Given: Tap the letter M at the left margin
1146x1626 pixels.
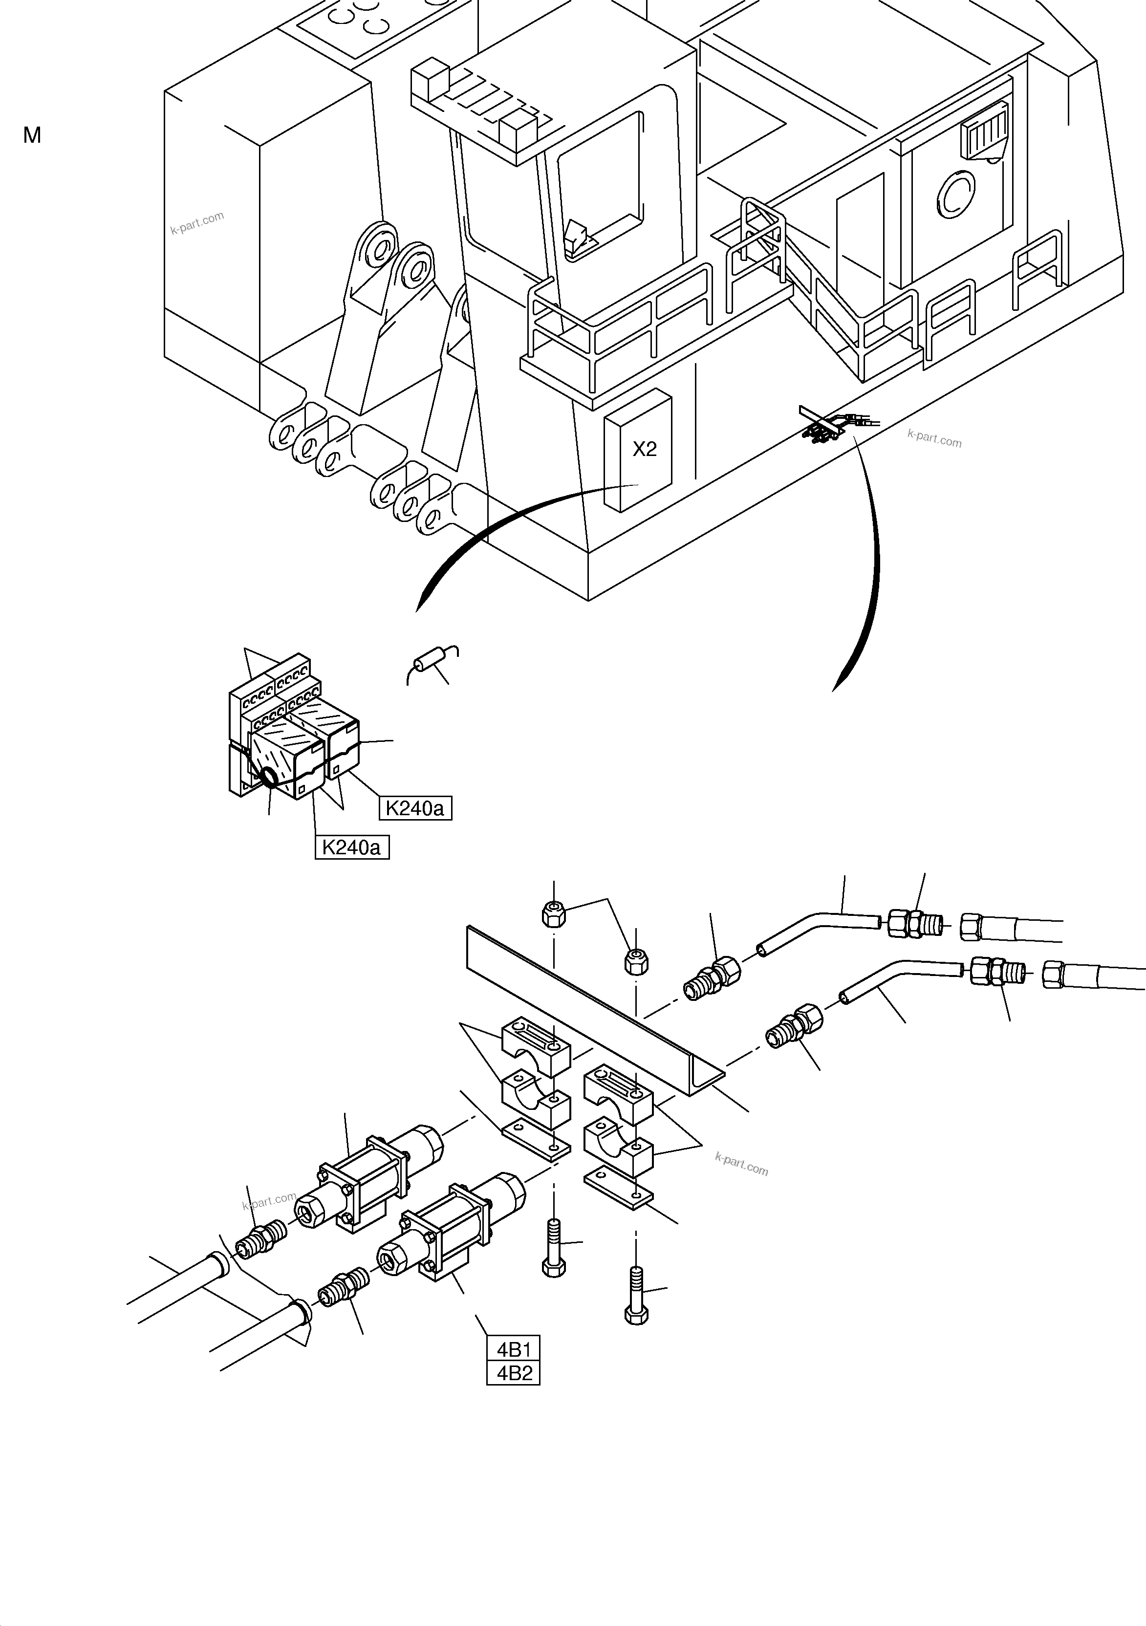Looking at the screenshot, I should pyautogui.click(x=32, y=135).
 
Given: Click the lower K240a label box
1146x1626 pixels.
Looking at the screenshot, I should pyautogui.click(x=352, y=847).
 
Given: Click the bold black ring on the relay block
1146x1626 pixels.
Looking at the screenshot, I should pyautogui.click(x=270, y=778).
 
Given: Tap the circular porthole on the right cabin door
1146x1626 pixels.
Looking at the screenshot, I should pyautogui.click(x=957, y=193).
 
